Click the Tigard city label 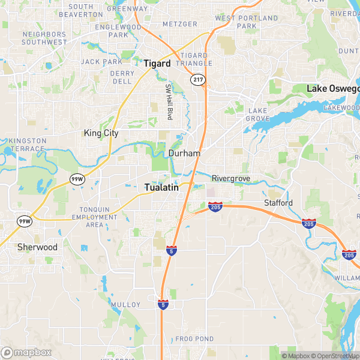tap(157, 63)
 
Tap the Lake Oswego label tap(334, 89)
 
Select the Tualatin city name tap(162, 188)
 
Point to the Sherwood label tap(37, 247)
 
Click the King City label tap(101, 133)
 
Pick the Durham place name tap(184, 154)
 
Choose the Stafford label tap(278, 203)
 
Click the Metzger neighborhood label tap(179, 24)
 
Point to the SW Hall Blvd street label tap(169, 100)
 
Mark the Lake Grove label tap(259, 115)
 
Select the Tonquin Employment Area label tap(95, 217)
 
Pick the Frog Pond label tap(194, 339)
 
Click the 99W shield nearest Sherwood tap(24, 221)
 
